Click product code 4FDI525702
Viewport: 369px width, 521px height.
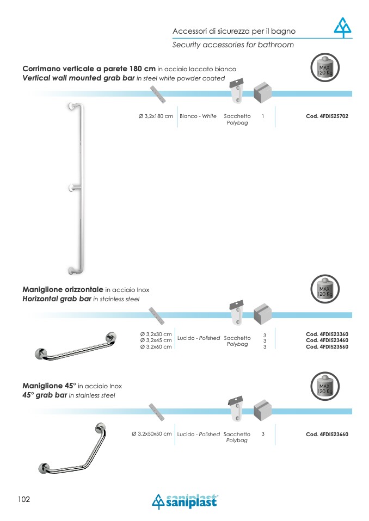click(327, 116)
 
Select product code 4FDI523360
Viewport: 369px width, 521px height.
click(327, 334)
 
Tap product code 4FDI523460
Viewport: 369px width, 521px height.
click(327, 340)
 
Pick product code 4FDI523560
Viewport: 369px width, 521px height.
click(327, 347)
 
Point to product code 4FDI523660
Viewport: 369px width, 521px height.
click(327, 435)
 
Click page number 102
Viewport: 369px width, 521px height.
click(24, 499)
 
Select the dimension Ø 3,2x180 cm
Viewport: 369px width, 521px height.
click(156, 116)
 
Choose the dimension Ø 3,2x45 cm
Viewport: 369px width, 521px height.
click(156, 340)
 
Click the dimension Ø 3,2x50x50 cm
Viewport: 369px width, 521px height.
click(152, 434)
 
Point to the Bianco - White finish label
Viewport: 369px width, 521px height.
click(198, 116)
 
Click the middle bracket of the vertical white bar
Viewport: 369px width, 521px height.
click(72, 188)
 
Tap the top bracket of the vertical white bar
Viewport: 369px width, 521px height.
click(72, 106)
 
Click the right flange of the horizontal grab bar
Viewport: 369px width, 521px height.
click(110, 337)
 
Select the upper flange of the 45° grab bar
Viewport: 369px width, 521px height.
click(100, 427)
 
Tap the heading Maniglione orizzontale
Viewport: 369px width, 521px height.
click(63, 290)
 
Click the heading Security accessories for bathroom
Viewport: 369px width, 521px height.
click(233, 45)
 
